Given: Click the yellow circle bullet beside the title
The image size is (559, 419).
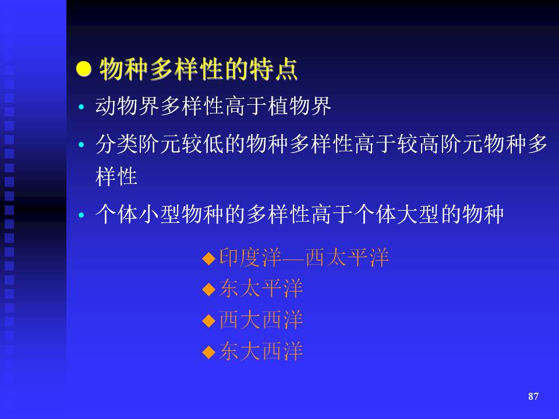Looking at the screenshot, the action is pyautogui.click(x=84, y=69).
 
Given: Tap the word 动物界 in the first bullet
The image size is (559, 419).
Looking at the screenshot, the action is pyautogui.click(x=128, y=106).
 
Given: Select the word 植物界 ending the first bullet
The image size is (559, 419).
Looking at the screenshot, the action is pyautogui.click(x=299, y=106).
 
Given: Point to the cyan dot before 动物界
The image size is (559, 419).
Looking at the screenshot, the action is pyautogui.click(x=82, y=106).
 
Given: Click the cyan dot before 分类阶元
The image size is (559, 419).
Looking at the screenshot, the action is pyautogui.click(x=82, y=145).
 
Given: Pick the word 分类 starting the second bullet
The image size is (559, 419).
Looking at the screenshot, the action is pyautogui.click(x=117, y=144).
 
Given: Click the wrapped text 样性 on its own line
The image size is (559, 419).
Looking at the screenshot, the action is pyautogui.click(x=116, y=176).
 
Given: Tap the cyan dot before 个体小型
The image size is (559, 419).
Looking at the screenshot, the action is pyautogui.click(x=82, y=215).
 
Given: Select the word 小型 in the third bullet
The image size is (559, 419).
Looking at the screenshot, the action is pyautogui.click(x=160, y=215).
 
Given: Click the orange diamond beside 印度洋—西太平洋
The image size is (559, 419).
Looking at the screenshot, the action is pyautogui.click(x=209, y=258).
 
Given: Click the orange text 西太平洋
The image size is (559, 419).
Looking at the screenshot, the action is pyautogui.click(x=347, y=257).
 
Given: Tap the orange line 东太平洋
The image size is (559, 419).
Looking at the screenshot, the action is pyautogui.click(x=261, y=289).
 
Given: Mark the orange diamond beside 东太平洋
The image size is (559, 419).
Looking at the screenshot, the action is pyautogui.click(x=209, y=289).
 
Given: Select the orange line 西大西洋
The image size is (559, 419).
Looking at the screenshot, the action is pyautogui.click(x=261, y=319).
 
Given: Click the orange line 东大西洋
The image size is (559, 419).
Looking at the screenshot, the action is pyautogui.click(x=261, y=351).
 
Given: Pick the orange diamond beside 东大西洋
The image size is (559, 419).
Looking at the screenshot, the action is pyautogui.click(x=209, y=352).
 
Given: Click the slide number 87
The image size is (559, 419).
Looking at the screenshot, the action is pyautogui.click(x=533, y=396).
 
